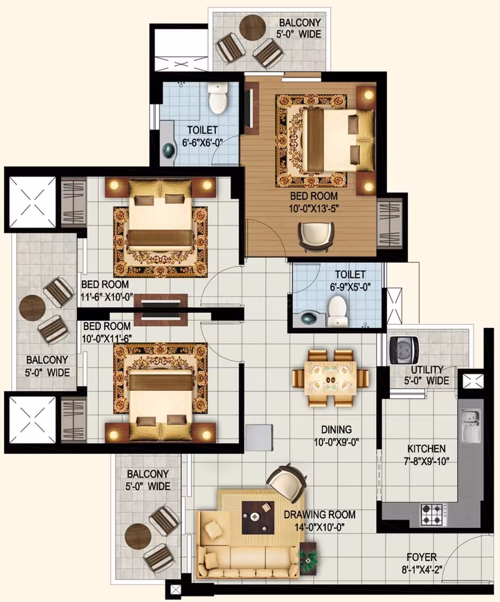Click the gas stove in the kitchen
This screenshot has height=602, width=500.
tap(434, 514)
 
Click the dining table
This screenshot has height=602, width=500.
tap(330, 378)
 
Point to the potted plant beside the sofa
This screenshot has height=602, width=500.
tap(309, 559)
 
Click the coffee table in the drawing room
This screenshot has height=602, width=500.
tap(258, 518)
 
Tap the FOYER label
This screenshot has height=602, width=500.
tap(422, 557)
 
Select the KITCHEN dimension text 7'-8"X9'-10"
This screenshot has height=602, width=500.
tap(427, 461)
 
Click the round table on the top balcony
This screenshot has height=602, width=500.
tap(253, 26)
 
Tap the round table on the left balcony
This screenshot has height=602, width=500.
tap(33, 307)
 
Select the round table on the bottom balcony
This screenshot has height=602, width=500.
tap(138, 537)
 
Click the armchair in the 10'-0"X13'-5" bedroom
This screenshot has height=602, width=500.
tap(316, 237)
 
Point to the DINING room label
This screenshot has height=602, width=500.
tap(337, 429)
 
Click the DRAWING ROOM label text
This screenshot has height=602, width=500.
tap(320, 514)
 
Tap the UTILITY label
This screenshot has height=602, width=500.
tap(427, 370)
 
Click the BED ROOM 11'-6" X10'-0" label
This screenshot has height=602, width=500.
tap(107, 291)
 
